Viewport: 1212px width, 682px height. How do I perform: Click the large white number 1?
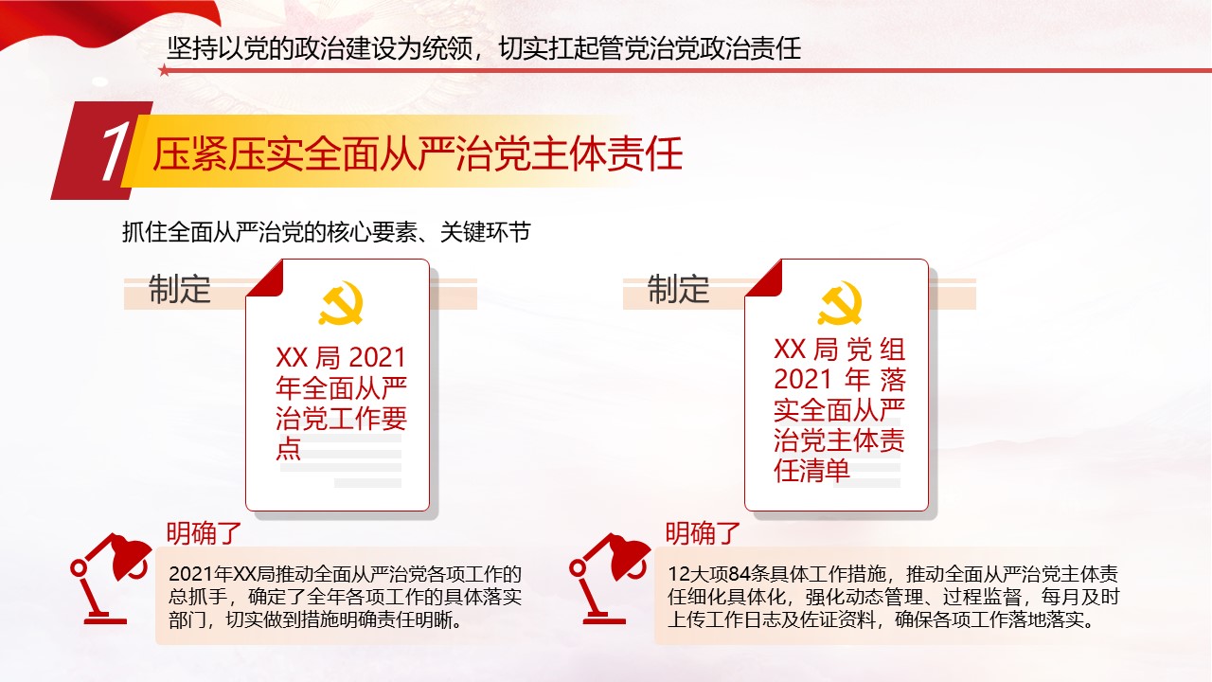coord(115,151)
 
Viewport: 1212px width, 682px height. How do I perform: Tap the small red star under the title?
coord(164,70)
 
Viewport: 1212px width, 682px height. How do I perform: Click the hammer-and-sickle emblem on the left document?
coord(340,304)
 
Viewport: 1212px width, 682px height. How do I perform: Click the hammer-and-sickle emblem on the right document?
coord(839,304)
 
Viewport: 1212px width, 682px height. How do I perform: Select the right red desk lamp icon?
coord(609,578)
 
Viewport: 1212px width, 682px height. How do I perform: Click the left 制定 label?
coord(180,289)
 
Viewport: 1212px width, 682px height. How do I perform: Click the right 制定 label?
coord(679,289)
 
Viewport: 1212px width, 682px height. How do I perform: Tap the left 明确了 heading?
coord(204,533)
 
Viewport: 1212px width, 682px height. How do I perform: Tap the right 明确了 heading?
coord(703,533)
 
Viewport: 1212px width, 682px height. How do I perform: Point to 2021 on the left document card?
coord(378,358)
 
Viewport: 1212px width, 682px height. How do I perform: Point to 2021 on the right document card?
coord(802,380)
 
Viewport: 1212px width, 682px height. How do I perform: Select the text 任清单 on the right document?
coord(811,471)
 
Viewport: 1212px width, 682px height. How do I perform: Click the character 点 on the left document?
coord(289,449)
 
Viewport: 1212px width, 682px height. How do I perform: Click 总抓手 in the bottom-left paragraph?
coord(198,597)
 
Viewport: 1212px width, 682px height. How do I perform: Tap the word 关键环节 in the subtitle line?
coord(486,232)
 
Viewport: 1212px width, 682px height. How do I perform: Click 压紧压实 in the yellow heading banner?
coord(228,154)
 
